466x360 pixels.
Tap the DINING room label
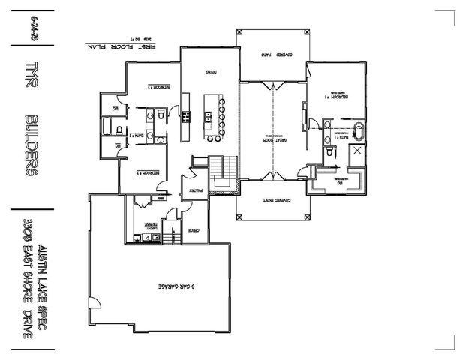click(212, 71)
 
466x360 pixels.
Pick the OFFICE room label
click(193, 230)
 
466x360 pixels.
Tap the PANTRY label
click(190, 192)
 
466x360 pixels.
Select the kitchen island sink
click(207, 116)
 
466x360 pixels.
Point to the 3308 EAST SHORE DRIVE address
click(26, 282)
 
